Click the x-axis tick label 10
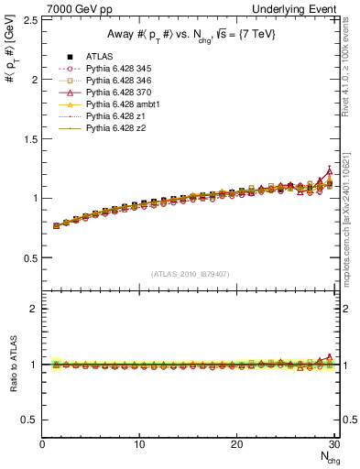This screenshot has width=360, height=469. (139, 444)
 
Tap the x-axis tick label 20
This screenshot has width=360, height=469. (237, 444)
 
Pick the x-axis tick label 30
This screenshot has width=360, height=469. (334, 444)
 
